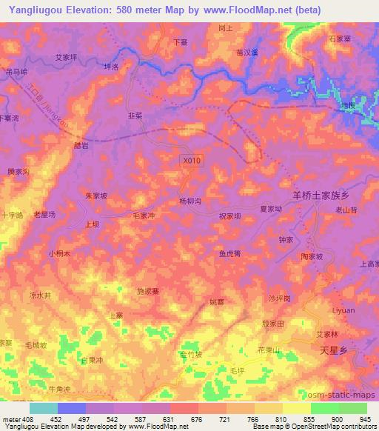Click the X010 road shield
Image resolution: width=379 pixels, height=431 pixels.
pos(191,159)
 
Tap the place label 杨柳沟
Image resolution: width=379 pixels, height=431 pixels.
pos(190,201)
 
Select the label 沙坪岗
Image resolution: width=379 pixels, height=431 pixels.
pos(279,298)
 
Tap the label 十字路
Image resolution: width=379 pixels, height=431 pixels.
pos(12,214)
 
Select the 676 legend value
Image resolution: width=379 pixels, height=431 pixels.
pos(198,418)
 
